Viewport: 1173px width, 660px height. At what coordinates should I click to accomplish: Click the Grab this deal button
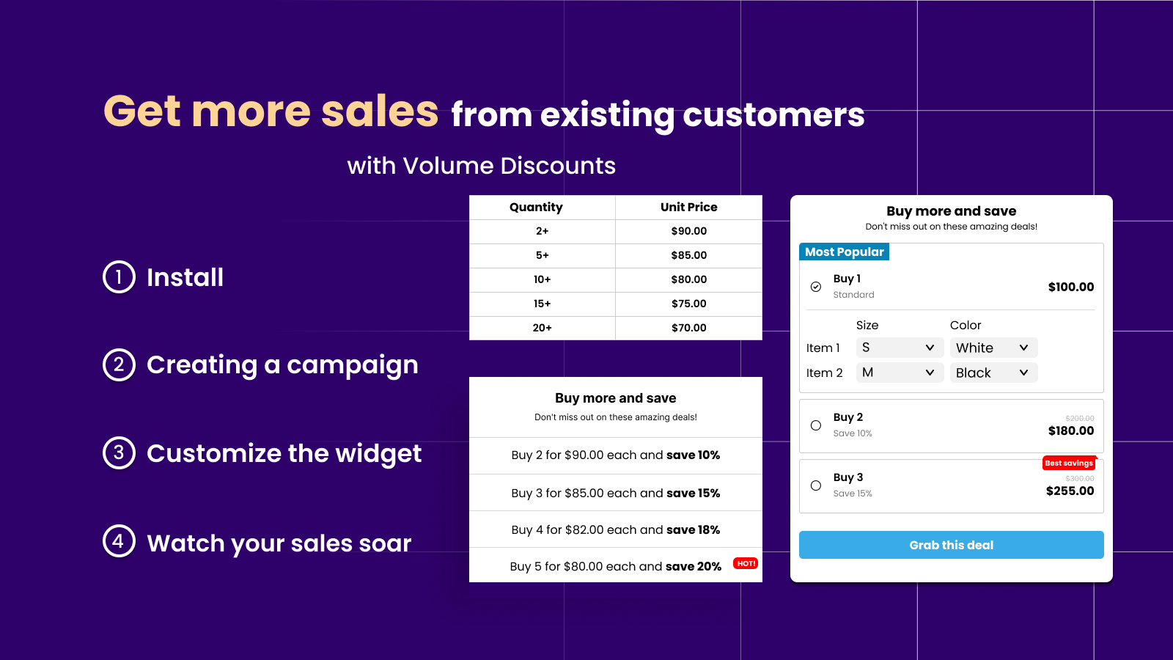(951, 545)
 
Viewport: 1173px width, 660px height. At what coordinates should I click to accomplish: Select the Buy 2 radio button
(816, 425)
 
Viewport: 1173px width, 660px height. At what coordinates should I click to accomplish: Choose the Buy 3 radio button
(816, 485)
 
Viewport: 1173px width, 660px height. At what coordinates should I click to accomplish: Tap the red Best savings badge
(1068, 463)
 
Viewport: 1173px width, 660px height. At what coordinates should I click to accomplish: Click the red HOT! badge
(746, 563)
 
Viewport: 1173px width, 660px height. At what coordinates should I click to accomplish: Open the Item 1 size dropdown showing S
(899, 348)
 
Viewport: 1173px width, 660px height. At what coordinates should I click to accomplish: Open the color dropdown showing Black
(993, 373)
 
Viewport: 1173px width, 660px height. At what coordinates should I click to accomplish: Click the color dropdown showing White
(993, 348)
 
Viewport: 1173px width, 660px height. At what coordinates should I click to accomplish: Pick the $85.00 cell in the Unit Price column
(688, 255)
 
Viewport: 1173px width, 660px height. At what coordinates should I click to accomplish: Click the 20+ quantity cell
(542, 328)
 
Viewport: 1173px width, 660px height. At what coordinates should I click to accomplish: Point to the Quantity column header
(536, 208)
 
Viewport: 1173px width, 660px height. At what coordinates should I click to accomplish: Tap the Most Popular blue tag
(844, 252)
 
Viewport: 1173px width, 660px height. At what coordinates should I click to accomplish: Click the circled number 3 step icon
(119, 452)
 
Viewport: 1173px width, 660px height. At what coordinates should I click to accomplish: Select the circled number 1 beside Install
(119, 276)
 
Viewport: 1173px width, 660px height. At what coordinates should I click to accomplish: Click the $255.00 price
(1070, 491)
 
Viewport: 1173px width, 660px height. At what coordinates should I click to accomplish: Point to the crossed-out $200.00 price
(1079, 418)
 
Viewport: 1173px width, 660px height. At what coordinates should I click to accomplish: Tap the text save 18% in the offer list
(693, 529)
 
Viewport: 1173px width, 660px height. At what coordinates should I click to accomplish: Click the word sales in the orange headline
(380, 111)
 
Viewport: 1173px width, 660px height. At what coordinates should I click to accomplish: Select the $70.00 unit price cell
(688, 328)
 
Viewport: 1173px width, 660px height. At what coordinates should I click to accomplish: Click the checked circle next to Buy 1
(816, 287)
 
